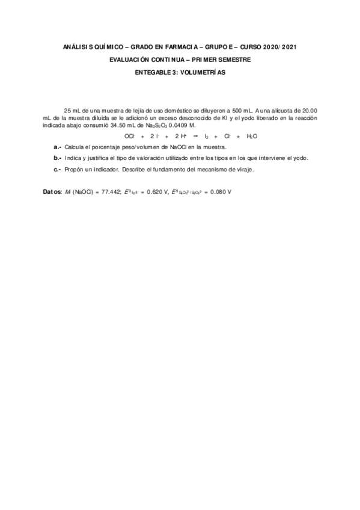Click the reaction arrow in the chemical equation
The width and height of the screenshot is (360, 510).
[x=194, y=137]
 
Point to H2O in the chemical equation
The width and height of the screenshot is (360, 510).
[x=252, y=137]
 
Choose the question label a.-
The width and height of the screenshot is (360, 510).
[x=58, y=147]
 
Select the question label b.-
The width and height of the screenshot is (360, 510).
[x=58, y=158]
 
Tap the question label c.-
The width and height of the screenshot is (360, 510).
[x=58, y=170]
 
